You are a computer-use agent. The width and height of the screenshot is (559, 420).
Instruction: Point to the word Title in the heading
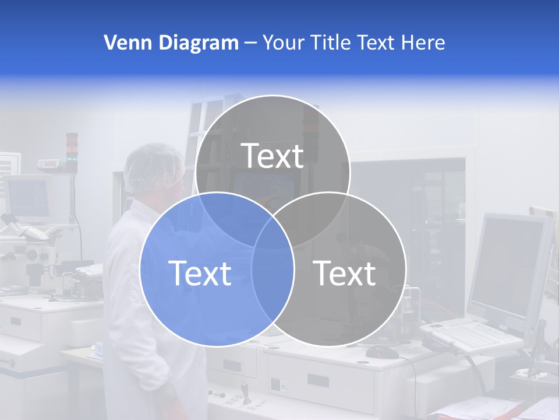[x=331, y=43]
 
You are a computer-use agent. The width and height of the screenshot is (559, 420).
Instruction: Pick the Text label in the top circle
[x=273, y=156]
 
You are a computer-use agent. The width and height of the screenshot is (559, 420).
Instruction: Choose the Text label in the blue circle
[x=200, y=273]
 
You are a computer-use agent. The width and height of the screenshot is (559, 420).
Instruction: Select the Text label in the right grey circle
[x=345, y=273]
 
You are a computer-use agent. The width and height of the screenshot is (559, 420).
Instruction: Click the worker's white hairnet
[x=153, y=166]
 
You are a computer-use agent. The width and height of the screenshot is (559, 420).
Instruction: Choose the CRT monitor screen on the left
[x=28, y=198]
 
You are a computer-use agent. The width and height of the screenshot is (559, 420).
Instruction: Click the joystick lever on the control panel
[x=245, y=388]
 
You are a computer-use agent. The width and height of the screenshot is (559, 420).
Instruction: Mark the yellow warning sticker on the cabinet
[x=282, y=385]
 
